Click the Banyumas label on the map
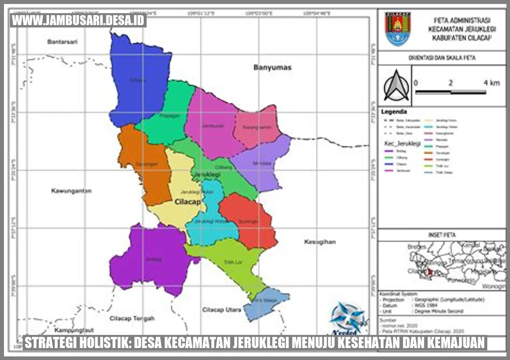click(273, 68)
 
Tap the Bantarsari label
click(62, 42)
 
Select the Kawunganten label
click(71, 191)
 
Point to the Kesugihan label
click(320, 242)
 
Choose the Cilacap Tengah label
click(132, 318)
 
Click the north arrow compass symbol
click(396, 86)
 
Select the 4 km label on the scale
click(491, 83)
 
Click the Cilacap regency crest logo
click(397, 29)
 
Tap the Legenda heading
click(394, 112)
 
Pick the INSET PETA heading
click(441, 235)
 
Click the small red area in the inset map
click(430, 272)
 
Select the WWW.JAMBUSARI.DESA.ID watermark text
click(78, 21)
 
